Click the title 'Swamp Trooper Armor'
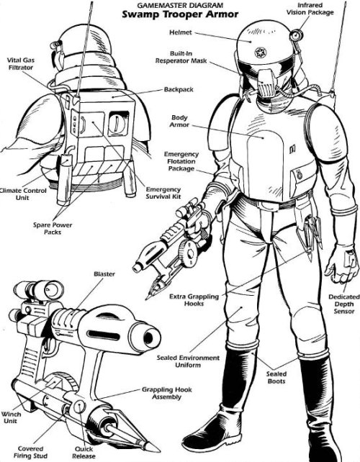[x=180, y=14]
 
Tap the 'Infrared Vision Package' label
[x=310, y=9]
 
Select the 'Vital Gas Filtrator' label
[x=21, y=63]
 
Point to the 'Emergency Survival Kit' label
[x=163, y=193]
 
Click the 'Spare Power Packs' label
[x=53, y=228]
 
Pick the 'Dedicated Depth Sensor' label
[x=344, y=304]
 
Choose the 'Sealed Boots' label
[x=276, y=377]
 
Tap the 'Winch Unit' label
[x=11, y=417]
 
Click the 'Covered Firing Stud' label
[x=31, y=452]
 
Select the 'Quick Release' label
[x=84, y=453]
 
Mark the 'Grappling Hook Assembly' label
[x=167, y=393]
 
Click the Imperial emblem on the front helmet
[x=261, y=53]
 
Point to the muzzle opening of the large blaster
[x=149, y=337]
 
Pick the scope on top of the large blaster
[x=38, y=290]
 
